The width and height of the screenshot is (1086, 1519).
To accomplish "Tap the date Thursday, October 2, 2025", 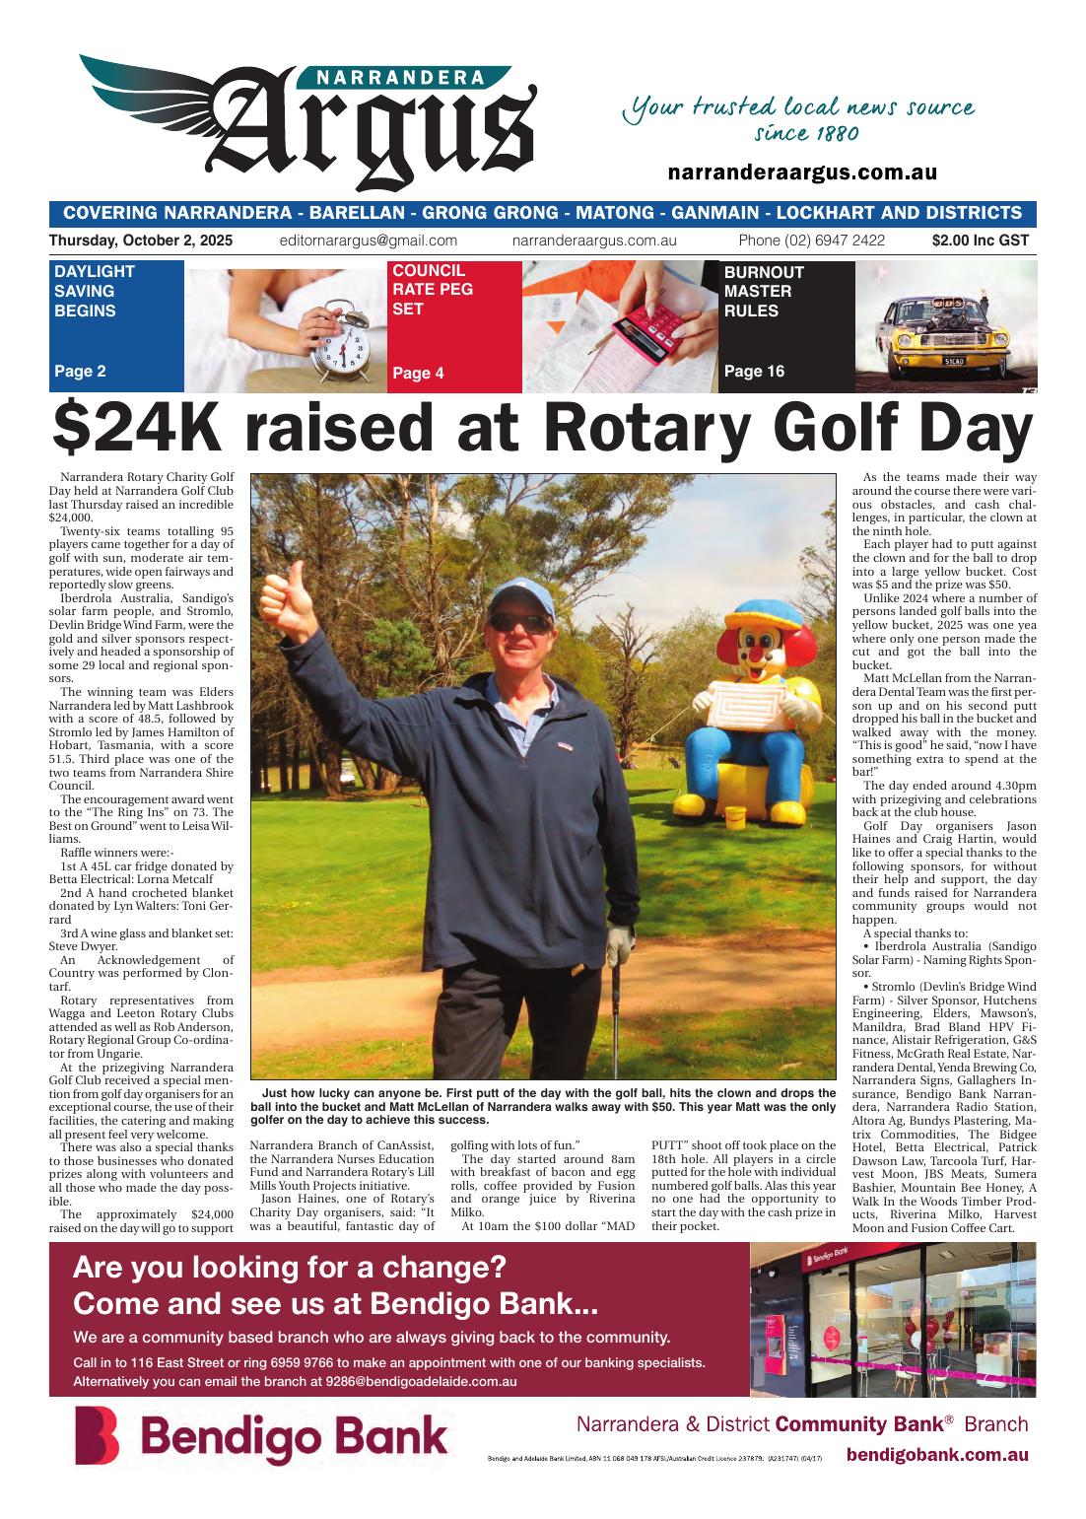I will [141, 241].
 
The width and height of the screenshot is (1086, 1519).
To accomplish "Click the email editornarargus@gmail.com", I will [369, 241].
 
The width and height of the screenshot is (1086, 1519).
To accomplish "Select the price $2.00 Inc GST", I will [980, 241].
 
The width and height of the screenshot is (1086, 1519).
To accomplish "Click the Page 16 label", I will [754, 372].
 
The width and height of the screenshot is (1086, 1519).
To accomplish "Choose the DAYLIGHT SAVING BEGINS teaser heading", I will [95, 291].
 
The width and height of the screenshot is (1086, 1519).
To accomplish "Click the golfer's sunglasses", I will [519, 623].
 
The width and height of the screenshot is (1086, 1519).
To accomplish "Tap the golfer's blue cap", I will [518, 594].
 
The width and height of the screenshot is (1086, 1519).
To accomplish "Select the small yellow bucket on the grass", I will [734, 817].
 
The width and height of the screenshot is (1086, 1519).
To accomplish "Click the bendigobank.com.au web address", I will [937, 1455].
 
